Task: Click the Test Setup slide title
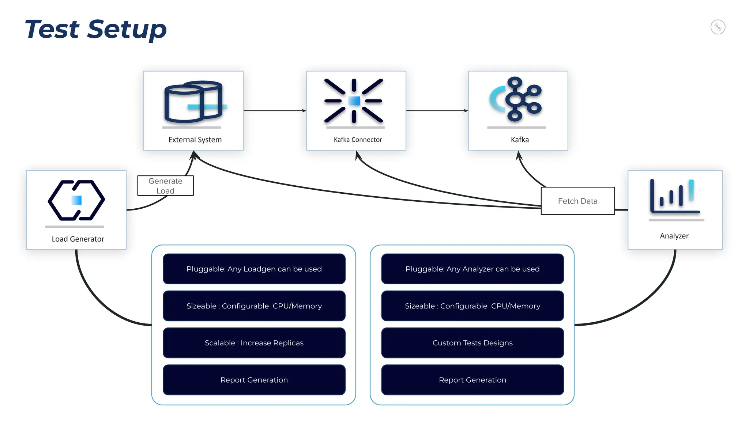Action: (x=95, y=29)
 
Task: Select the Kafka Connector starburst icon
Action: (x=354, y=101)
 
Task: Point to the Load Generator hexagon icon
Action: (x=76, y=200)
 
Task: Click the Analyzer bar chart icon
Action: (x=675, y=196)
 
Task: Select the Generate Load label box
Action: (x=165, y=186)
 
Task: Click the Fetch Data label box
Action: (x=577, y=201)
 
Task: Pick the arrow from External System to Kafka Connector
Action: (x=275, y=110)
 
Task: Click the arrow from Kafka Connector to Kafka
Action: (x=437, y=110)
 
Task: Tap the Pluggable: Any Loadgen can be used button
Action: (x=254, y=269)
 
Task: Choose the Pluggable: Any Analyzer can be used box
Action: (x=472, y=269)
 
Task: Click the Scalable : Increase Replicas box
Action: (x=254, y=343)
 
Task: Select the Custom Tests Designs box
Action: (x=472, y=343)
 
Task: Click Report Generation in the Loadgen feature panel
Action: (x=254, y=380)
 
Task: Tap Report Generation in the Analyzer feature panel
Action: (x=472, y=380)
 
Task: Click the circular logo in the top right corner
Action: (x=718, y=27)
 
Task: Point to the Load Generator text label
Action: (x=78, y=239)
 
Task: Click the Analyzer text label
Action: (x=674, y=236)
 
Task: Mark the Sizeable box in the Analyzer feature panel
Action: (x=472, y=306)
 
